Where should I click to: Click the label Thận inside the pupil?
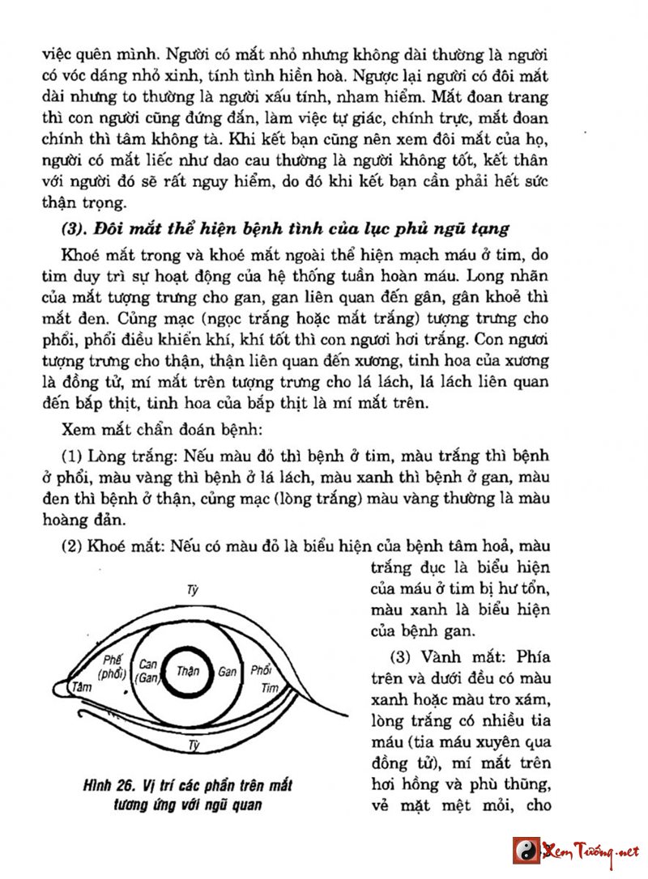tap(187, 672)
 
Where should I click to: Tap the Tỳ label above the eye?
tap(193, 590)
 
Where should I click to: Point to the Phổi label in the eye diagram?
tap(261, 671)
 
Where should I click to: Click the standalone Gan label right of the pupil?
tap(228, 672)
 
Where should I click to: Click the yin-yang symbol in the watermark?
tap(526, 851)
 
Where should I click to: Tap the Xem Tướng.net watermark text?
tap(590, 851)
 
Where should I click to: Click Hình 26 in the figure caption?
tap(107, 786)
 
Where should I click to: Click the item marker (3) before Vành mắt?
tap(382, 656)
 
